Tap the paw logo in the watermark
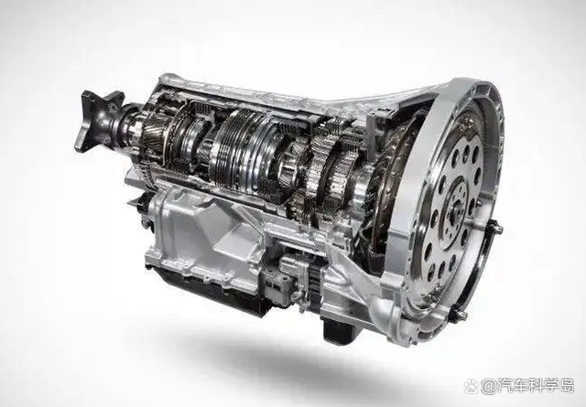click(472, 386)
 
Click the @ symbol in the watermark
click(489, 386)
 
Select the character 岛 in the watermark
click(566, 386)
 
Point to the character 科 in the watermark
click(531, 386)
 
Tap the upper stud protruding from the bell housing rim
click(494, 226)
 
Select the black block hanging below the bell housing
click(337, 329)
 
